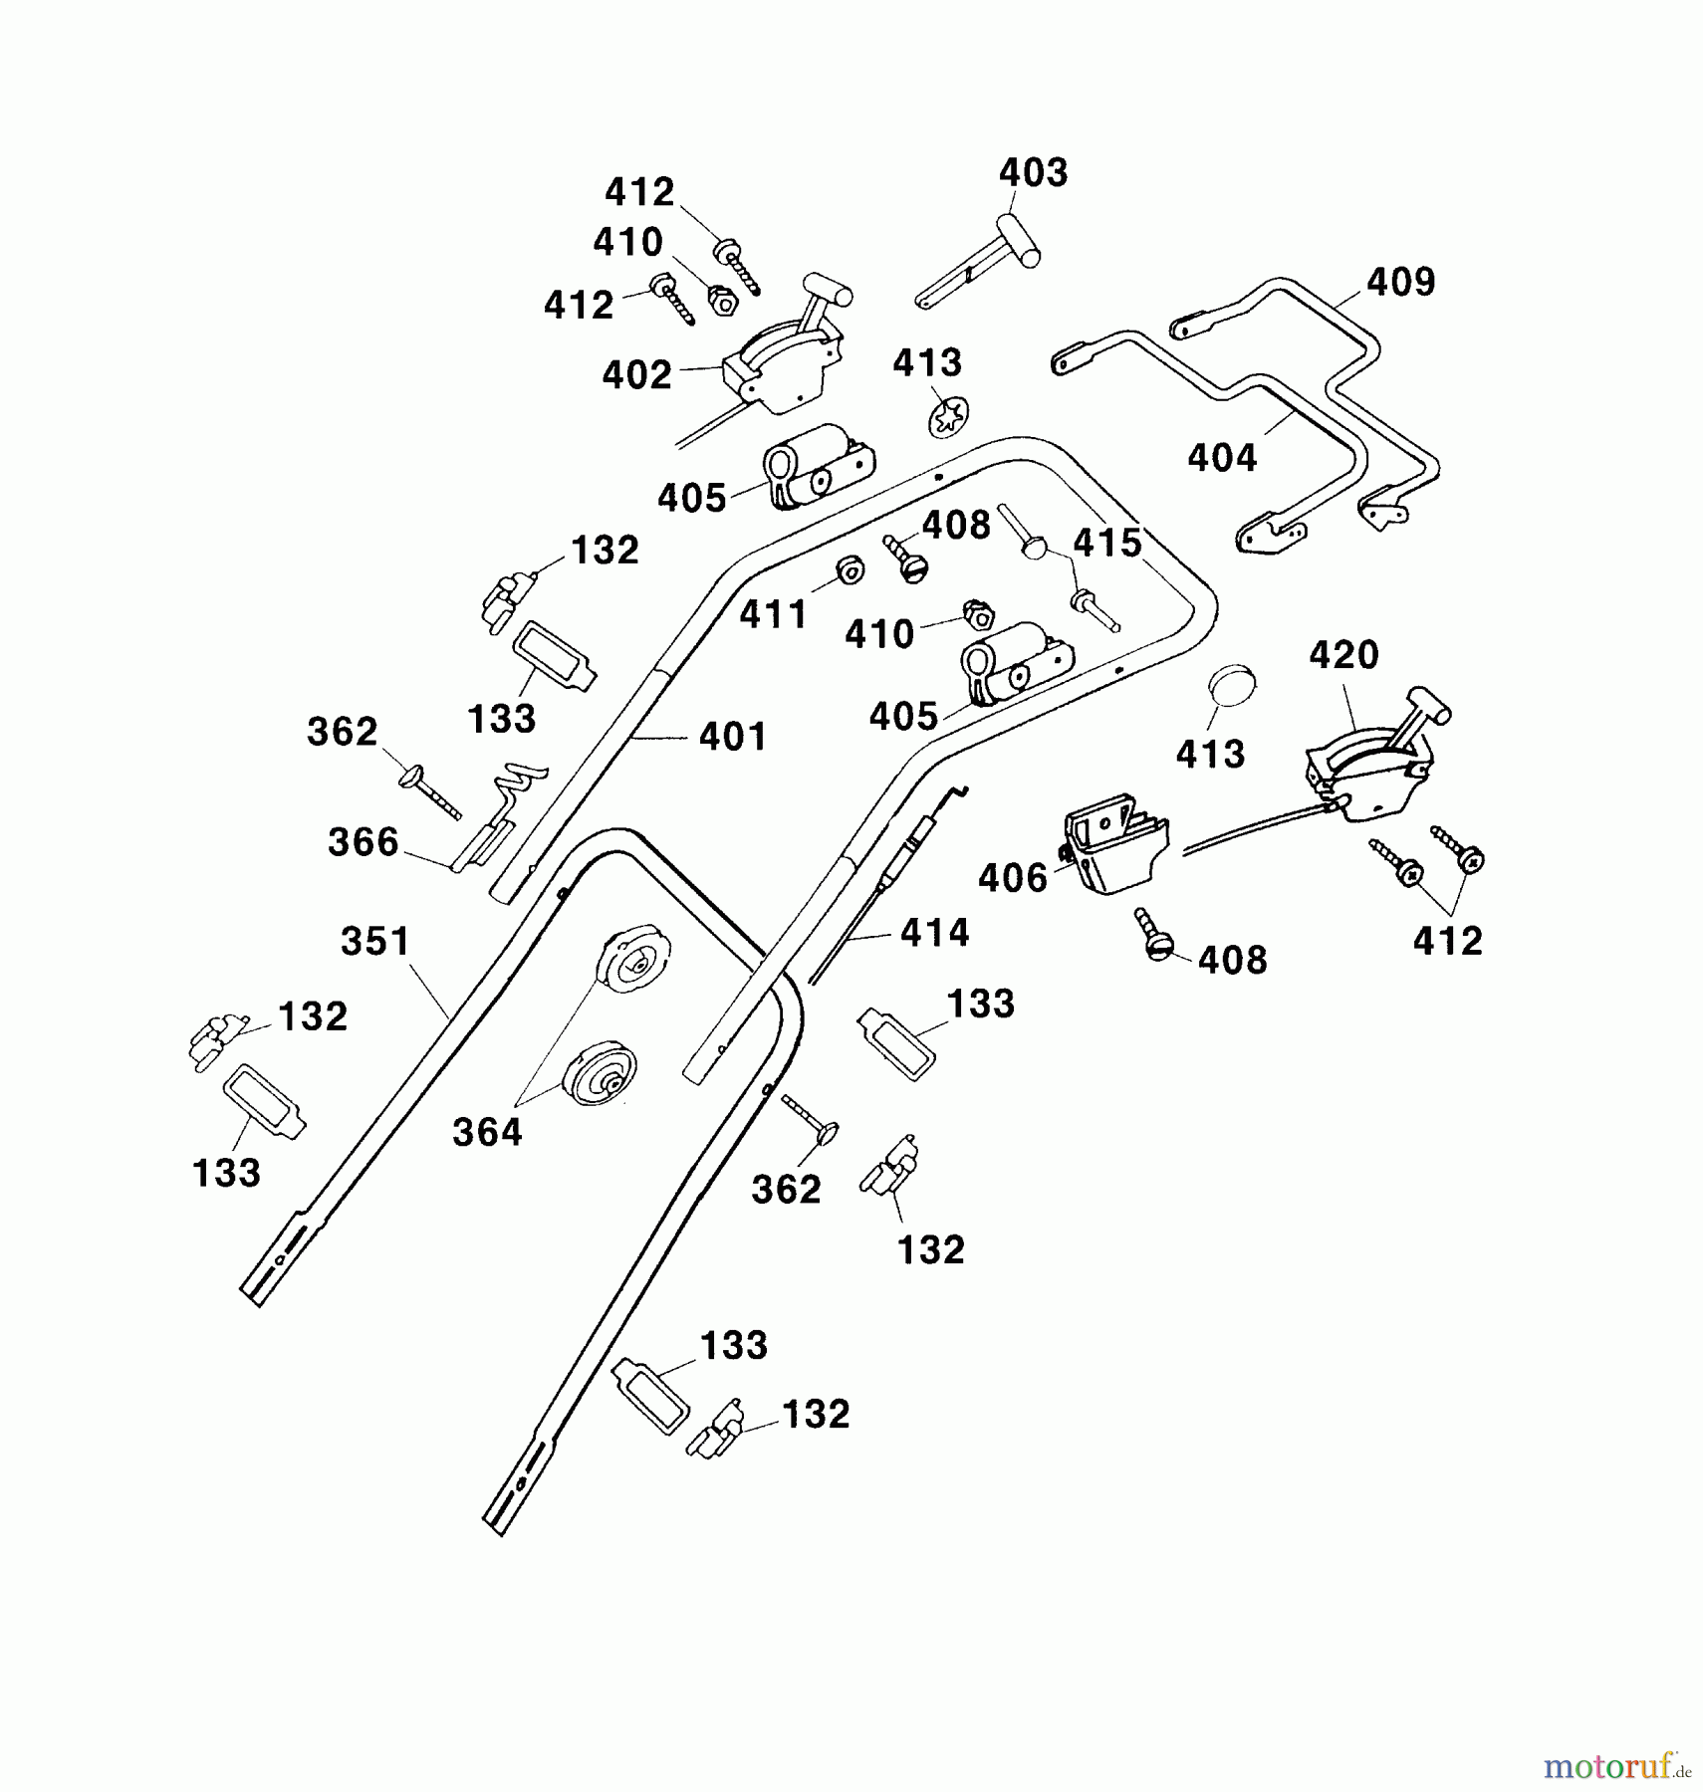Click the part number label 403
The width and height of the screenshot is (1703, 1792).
click(1033, 173)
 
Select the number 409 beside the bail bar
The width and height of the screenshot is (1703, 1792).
click(1400, 283)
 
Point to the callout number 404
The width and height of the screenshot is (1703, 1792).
click(1222, 458)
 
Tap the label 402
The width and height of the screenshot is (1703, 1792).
click(637, 375)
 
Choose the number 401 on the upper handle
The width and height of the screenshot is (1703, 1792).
click(733, 738)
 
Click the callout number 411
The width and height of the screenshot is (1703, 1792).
click(774, 615)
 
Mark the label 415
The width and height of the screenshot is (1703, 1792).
click(1107, 544)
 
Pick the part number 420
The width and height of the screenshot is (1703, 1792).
click(1343, 656)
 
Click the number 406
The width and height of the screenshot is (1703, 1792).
click(1013, 878)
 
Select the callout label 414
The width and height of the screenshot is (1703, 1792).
click(934, 933)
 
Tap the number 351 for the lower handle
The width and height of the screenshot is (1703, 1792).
click(375, 942)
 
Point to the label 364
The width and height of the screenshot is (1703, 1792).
click(487, 1133)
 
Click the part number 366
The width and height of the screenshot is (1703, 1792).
click(364, 843)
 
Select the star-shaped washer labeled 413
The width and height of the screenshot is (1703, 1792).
click(948, 416)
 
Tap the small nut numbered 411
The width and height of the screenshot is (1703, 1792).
click(850, 570)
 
